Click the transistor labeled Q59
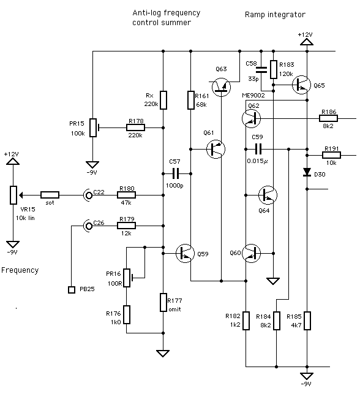pyautogui.click(x=185, y=253)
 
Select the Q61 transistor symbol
pyautogui.click(x=215, y=148)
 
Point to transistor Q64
pyautogui.click(x=268, y=195)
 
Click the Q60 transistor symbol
pyautogui.click(x=251, y=253)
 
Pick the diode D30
pyautogui.click(x=307, y=173)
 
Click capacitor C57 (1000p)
pyautogui.click(x=177, y=173)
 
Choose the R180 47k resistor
pyautogui.click(x=127, y=195)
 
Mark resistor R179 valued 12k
pyautogui.click(x=127, y=226)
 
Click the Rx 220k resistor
pyautogui.click(x=163, y=99)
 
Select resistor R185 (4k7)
pyautogui.click(x=307, y=321)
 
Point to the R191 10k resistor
pyautogui.click(x=331, y=155)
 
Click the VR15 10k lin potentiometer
pyautogui.click(x=13, y=195)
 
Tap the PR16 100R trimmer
pyautogui.click(x=127, y=277)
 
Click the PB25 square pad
pyautogui.click(x=70, y=289)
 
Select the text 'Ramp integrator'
pyautogui.click(x=274, y=13)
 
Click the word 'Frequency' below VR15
pyautogui.click(x=20, y=270)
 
